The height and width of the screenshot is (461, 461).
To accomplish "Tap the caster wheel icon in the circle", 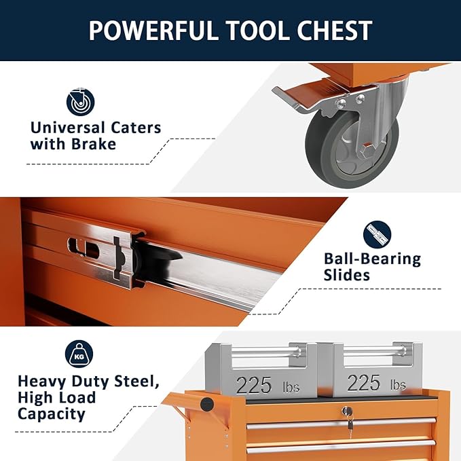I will pyautogui.click(x=80, y=102).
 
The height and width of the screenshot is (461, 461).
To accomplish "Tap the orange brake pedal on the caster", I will pyautogui.click(x=299, y=95).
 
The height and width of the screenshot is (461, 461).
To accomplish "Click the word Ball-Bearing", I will pyautogui.click(x=372, y=259).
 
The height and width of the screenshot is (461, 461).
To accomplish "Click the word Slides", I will pyautogui.click(x=347, y=275).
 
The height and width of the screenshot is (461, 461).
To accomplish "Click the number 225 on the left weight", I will pyautogui.click(x=254, y=385).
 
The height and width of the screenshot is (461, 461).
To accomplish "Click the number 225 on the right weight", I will pyautogui.click(x=364, y=383).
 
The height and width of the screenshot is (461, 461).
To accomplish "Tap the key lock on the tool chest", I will pyautogui.click(x=348, y=411).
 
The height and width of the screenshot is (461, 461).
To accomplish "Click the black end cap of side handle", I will pyautogui.click(x=207, y=405).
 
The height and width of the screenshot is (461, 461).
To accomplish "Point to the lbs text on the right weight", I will pyautogui.click(x=398, y=386).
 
